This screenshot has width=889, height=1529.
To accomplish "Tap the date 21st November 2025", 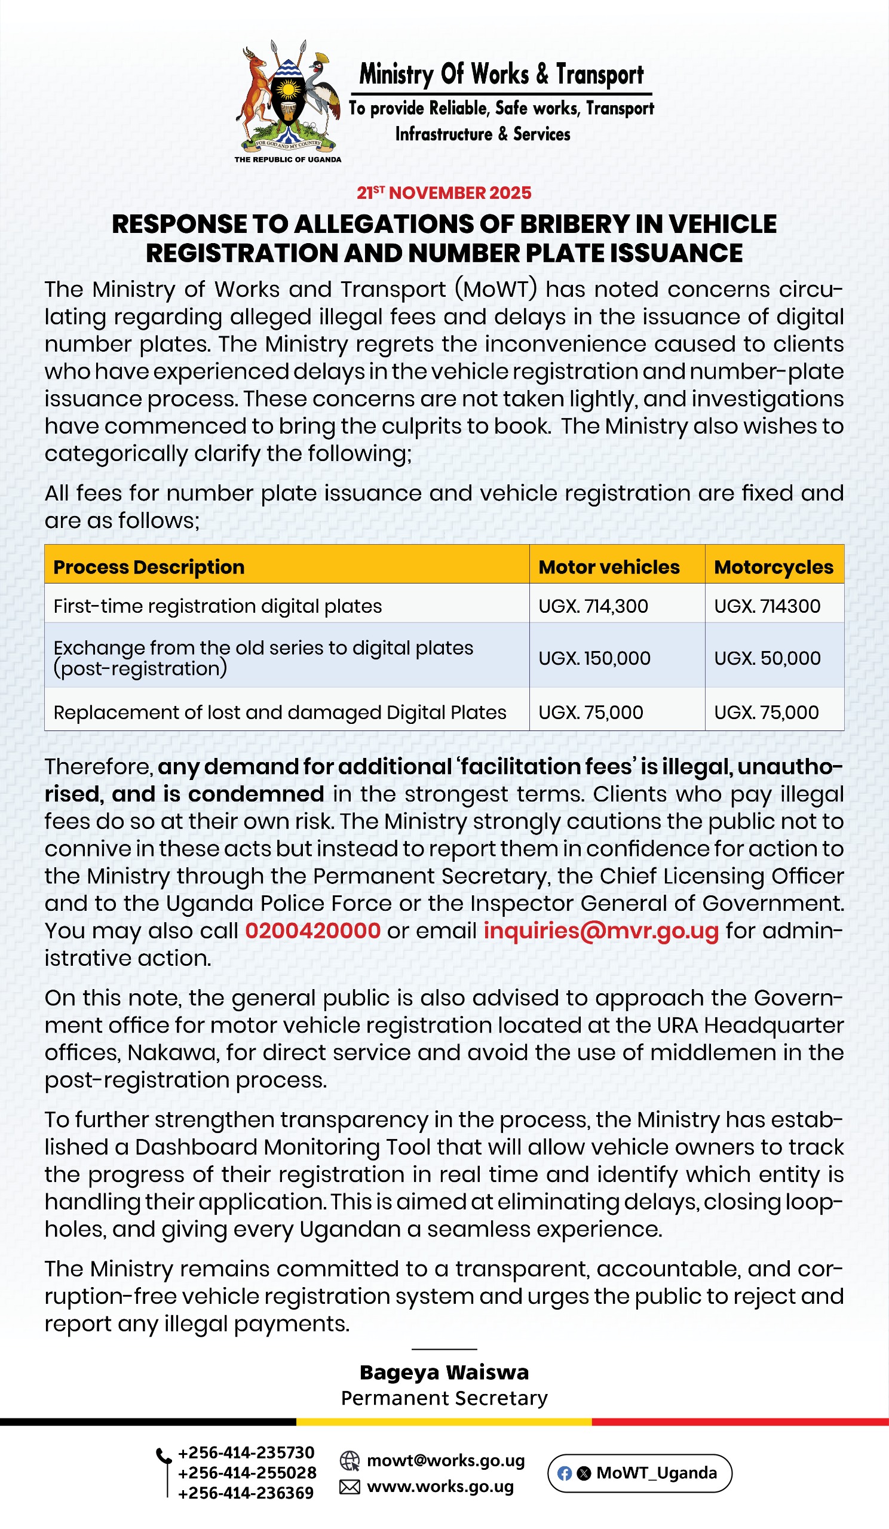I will coord(443,193).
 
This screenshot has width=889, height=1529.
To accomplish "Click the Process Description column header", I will coord(149,567).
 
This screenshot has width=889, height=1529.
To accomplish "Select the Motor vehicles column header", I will coord(609,567).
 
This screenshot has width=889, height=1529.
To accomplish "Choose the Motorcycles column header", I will coord(773,567).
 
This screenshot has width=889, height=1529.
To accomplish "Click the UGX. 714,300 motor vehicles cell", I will coord(593,606).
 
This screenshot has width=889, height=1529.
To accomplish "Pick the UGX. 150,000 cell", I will coord(594,658).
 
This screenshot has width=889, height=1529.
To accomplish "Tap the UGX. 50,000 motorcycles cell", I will coord(767,658).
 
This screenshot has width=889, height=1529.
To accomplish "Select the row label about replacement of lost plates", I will coord(280,712).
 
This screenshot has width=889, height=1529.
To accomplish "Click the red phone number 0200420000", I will coord(312,930).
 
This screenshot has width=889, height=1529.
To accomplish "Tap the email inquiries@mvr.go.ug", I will coord(601,930).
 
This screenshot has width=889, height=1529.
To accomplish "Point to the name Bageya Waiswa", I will coord(444,1372).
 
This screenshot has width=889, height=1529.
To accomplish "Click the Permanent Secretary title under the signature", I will coord(444,1398).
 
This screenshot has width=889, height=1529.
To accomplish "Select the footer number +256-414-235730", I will coord(246,1453).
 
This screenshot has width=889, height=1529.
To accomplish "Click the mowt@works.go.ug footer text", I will coord(446,1460).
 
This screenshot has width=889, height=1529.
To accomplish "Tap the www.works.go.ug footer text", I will coord(440,1487).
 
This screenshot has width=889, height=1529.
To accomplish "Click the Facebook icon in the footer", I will coord(565,1473).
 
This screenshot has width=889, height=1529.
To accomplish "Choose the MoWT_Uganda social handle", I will coord(656,1473).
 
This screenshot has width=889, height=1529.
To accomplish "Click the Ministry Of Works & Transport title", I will coord(501,74).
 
